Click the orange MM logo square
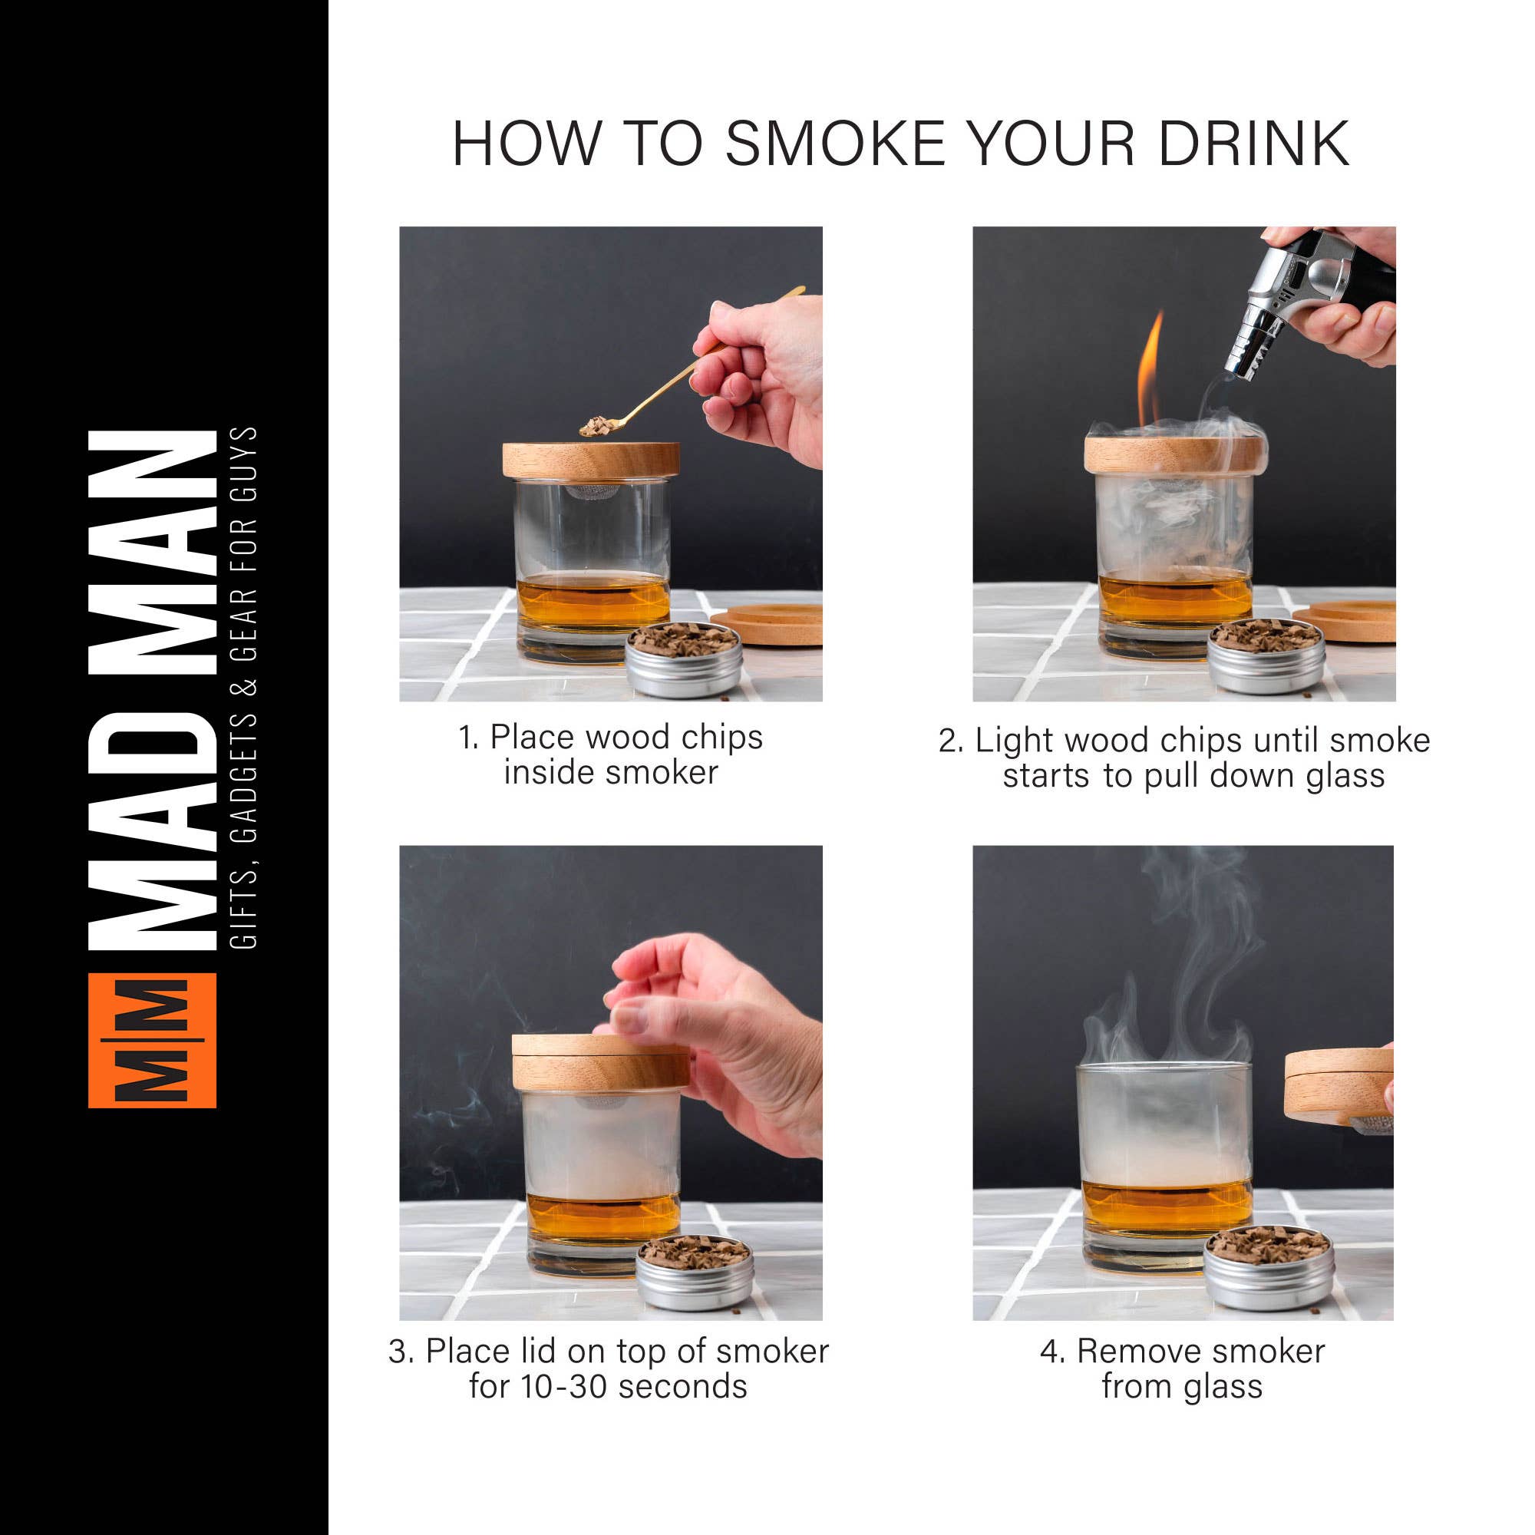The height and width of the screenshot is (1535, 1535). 152,1040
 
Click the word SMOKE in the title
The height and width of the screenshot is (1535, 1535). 835,144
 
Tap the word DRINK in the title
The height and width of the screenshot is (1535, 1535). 1253,144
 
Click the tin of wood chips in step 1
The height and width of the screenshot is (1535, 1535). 684,659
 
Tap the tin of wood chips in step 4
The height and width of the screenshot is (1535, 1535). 1268,1269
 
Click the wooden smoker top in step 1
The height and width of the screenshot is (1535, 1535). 590,460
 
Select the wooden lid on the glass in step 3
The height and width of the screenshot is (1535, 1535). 601,1061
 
